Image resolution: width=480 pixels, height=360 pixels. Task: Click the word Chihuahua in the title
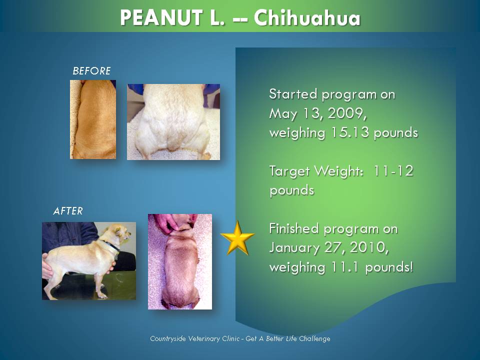307,18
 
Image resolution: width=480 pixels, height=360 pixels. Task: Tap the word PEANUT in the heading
161,18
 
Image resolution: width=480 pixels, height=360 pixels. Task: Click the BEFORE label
91,71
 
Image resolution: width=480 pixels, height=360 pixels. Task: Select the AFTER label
68,211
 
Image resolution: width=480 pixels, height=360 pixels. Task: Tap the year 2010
369,247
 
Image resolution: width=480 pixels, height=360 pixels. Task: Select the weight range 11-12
393,170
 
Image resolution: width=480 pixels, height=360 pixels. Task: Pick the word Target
289,171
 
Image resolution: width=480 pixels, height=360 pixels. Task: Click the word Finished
294,228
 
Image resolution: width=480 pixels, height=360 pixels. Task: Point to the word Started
293,94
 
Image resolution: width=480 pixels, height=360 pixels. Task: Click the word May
283,114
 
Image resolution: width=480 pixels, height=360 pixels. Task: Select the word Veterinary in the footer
204,339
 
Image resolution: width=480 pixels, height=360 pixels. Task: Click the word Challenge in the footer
314,339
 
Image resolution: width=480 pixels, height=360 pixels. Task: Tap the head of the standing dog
120,233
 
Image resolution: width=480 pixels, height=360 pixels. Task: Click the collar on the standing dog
111,246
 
